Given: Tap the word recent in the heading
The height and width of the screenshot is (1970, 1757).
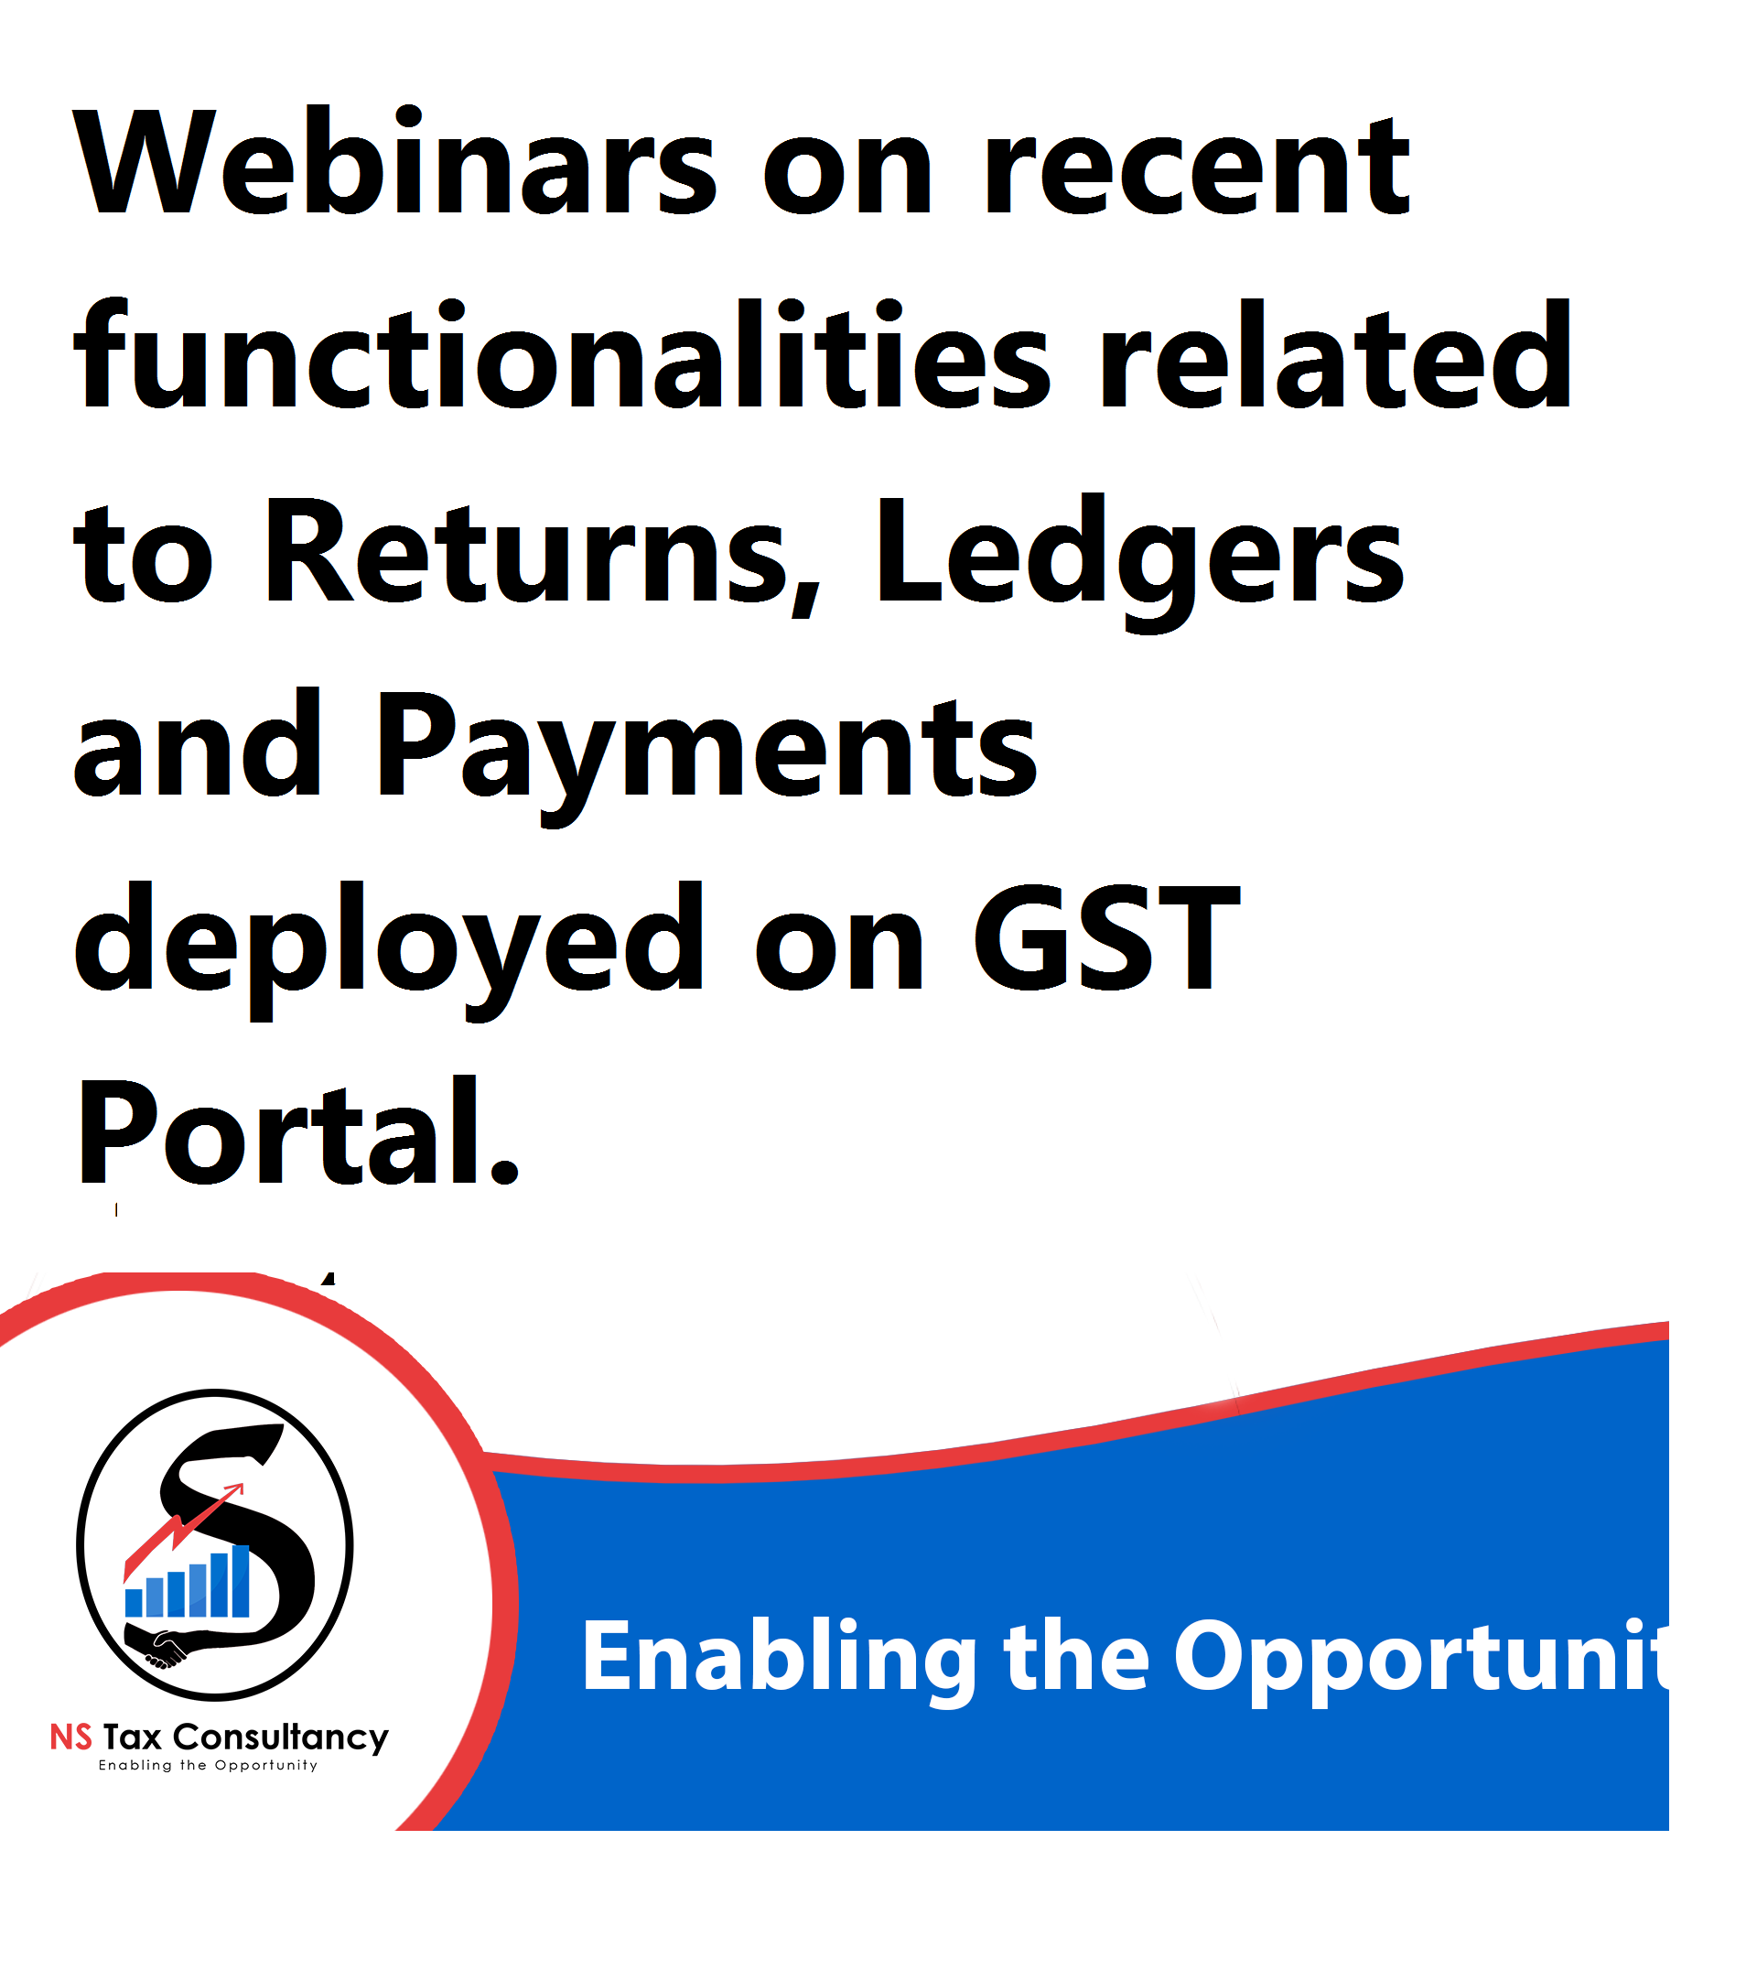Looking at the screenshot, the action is [x=1196, y=166].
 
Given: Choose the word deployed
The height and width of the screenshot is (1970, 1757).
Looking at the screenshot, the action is [x=389, y=948].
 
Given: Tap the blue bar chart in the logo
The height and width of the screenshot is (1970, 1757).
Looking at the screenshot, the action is [x=188, y=1581].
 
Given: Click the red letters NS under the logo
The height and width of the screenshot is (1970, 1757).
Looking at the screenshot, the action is [x=71, y=1738].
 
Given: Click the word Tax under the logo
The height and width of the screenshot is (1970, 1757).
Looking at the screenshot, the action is [x=133, y=1738].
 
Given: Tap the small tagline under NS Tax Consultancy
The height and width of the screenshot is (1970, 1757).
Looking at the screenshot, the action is [x=208, y=1766].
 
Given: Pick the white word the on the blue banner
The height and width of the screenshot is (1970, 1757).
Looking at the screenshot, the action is [x=1076, y=1656].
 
